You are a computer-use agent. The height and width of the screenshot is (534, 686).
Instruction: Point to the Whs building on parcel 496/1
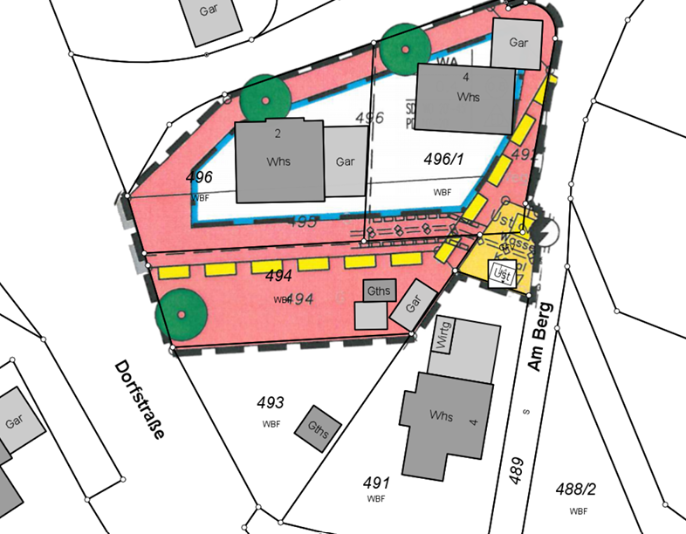point(464,98)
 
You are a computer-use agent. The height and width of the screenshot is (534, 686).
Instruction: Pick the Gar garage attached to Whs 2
point(346,161)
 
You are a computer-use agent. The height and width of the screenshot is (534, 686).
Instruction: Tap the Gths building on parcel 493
point(318,428)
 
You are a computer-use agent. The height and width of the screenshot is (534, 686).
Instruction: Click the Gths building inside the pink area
point(379,291)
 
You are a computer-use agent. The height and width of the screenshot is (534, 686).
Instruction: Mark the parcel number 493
point(271,403)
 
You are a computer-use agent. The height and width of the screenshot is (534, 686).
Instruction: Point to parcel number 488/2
point(576,490)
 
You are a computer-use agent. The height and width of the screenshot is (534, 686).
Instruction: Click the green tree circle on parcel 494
point(182,313)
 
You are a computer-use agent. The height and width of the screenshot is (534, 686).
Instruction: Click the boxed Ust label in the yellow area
point(501,274)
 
